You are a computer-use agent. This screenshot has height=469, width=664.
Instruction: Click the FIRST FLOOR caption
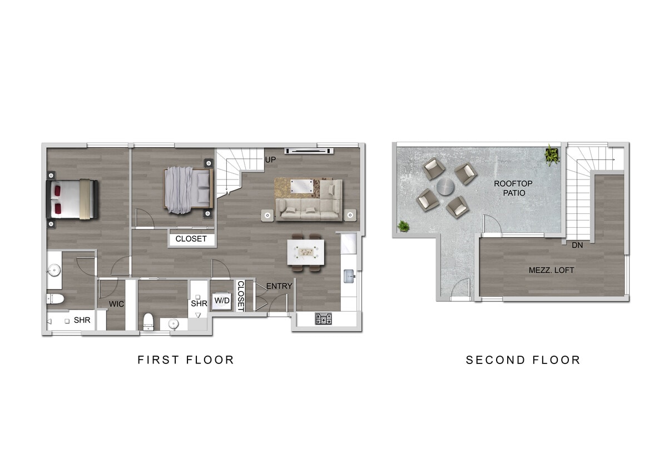pos(186,360)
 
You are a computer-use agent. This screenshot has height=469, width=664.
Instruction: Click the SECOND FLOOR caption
pos(523,360)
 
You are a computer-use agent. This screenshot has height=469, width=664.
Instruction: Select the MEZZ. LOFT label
pos(551,271)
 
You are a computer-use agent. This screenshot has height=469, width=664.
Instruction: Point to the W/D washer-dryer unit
pos(222,301)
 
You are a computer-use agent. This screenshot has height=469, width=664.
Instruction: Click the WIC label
pos(116,304)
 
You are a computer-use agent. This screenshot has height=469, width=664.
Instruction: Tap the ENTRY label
pos(279,286)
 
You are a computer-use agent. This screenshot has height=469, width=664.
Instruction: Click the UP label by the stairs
pos(270,159)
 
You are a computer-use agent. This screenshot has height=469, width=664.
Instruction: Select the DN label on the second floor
pos(577,245)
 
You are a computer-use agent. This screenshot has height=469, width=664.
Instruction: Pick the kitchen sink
pos(350,275)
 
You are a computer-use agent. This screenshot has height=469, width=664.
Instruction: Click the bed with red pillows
pos(72,198)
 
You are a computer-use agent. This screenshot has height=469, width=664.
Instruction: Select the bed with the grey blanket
pos(187,189)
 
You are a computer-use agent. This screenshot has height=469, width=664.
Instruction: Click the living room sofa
pos(309,205)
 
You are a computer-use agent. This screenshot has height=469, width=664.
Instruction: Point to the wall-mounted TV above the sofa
pos(309,150)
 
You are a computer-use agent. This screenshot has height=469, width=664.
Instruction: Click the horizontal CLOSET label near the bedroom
pos(191,239)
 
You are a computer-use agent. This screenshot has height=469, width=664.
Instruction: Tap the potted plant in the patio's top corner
pos(552,155)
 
